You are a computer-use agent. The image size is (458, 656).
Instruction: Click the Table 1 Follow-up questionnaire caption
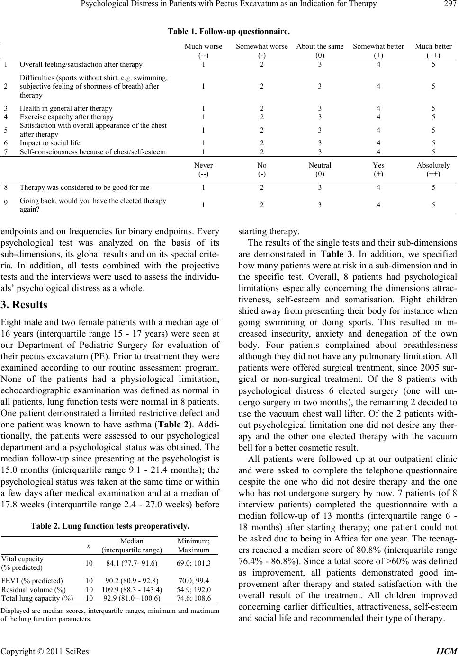(229, 31)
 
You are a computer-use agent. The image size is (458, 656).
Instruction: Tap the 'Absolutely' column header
(433, 165)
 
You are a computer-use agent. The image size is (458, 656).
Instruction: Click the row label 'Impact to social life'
(50, 142)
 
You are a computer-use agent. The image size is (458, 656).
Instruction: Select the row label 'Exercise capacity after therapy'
(66, 117)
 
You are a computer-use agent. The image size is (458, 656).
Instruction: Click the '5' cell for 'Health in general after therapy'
(433, 108)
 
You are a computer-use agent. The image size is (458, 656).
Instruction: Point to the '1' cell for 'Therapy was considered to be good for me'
(203, 187)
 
